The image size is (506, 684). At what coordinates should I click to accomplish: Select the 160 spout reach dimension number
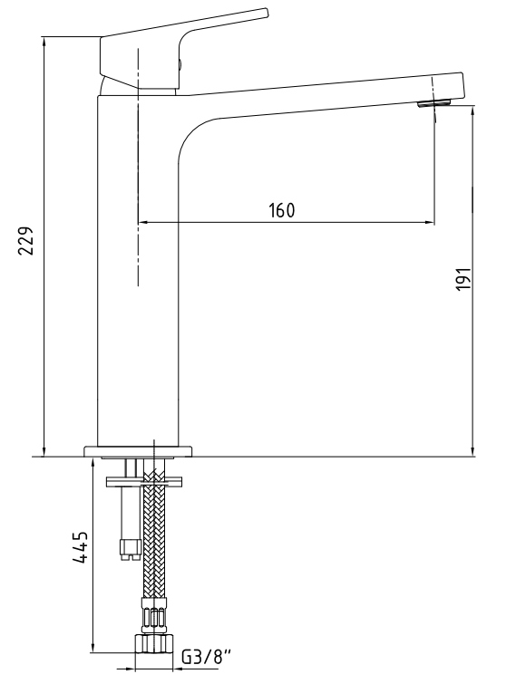click(282, 210)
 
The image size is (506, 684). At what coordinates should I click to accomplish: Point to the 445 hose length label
click(81, 548)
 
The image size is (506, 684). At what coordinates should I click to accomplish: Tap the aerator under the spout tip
click(433, 102)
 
